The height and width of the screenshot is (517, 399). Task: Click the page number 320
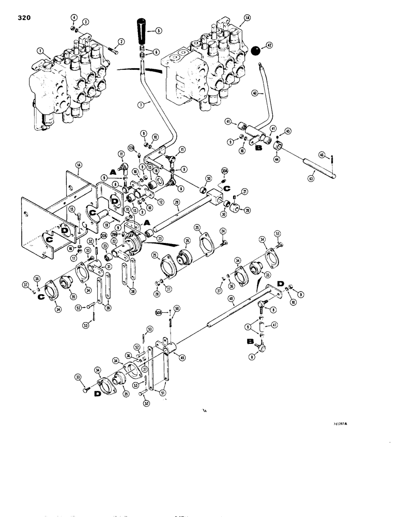(24, 18)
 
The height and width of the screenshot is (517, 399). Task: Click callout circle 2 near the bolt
(122, 41)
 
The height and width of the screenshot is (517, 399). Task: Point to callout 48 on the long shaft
(244, 298)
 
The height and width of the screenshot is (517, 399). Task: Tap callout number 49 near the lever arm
(182, 356)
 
